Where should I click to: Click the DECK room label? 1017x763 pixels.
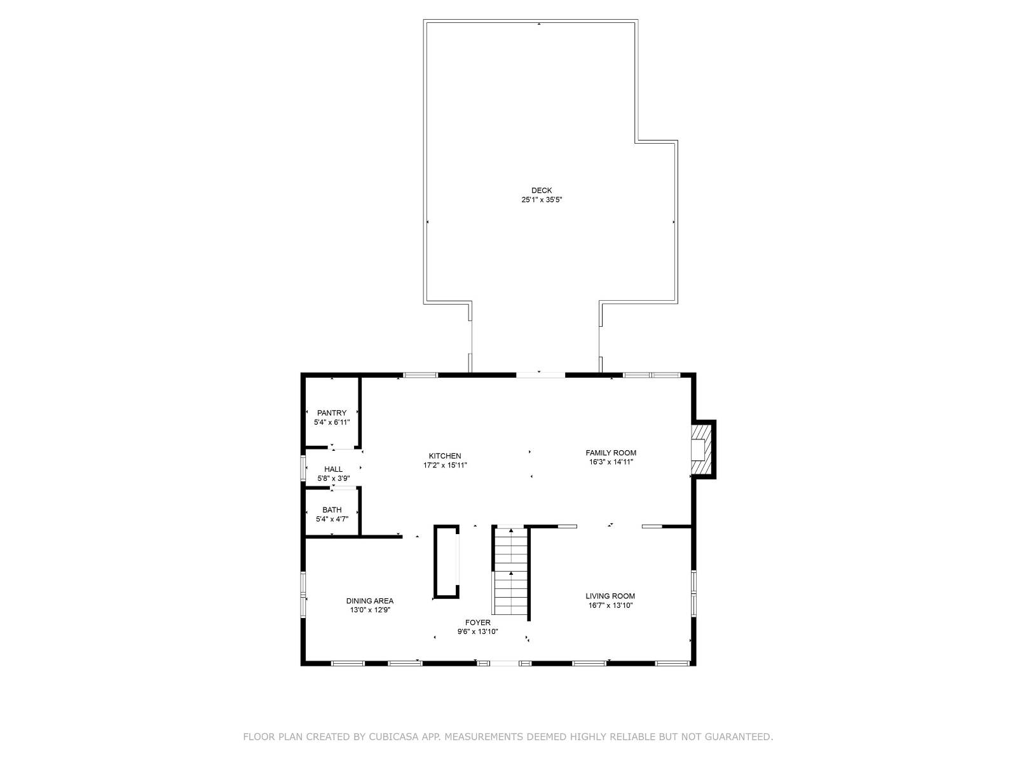(x=542, y=190)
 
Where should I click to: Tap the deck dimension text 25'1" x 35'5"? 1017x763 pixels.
(x=542, y=200)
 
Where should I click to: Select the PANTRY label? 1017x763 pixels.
(x=332, y=413)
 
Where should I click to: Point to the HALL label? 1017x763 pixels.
(x=333, y=469)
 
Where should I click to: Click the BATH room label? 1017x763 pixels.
(x=332, y=510)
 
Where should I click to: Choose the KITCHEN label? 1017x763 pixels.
(x=445, y=456)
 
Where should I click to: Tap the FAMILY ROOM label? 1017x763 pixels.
(x=611, y=453)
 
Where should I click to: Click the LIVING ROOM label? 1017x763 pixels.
(x=610, y=596)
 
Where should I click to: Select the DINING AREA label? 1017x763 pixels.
(x=370, y=601)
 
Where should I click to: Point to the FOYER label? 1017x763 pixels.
(x=477, y=623)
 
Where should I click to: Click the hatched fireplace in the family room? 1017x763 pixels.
(x=701, y=450)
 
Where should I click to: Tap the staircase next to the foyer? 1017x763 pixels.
(x=511, y=571)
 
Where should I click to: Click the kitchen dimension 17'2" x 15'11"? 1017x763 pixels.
(x=445, y=465)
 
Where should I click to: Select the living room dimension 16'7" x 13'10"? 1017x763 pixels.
(x=610, y=605)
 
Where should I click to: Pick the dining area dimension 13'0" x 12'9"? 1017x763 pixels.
(x=370, y=610)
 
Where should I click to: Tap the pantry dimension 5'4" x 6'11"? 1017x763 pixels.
(x=332, y=422)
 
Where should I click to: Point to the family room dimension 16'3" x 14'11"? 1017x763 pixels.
(x=611, y=462)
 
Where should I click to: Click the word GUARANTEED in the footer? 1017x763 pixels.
(x=739, y=737)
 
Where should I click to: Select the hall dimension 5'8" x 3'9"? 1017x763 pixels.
(x=333, y=478)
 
